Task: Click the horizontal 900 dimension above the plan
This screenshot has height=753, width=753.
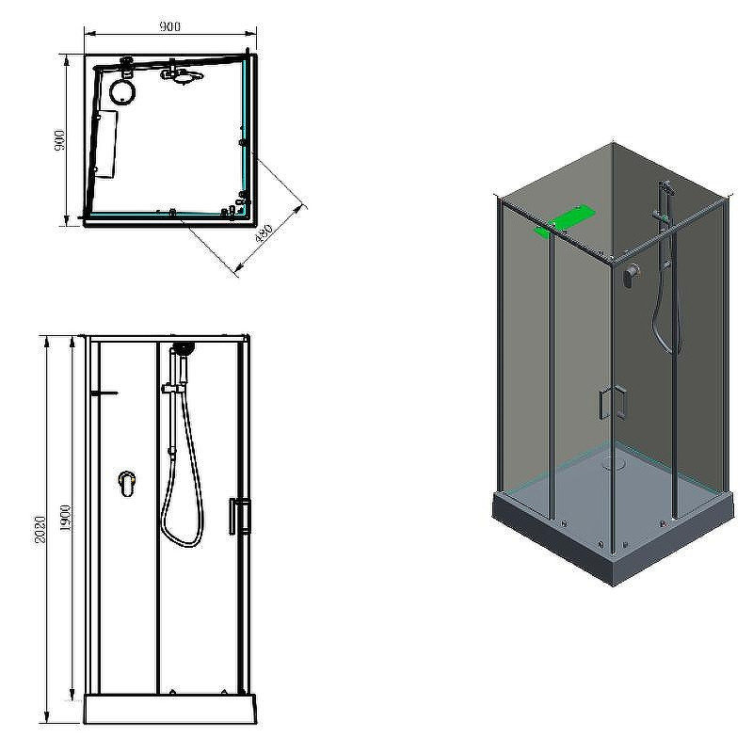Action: click(170, 26)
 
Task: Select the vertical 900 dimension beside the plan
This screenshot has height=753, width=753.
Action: click(60, 139)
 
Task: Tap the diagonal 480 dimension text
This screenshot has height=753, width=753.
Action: click(264, 232)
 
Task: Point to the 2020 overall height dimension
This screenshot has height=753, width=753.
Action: click(40, 530)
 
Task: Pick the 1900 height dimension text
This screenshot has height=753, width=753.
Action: click(66, 518)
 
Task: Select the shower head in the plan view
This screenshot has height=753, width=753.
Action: click(183, 75)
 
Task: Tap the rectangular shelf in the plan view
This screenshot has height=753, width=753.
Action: click(105, 145)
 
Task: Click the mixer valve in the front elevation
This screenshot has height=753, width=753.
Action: click(127, 483)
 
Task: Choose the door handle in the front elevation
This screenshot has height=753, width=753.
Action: click(240, 516)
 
